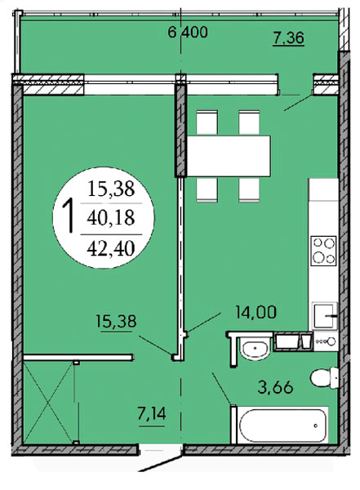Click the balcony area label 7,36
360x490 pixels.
[288, 38]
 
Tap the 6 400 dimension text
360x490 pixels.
[188, 32]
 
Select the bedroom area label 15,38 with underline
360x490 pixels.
[116, 322]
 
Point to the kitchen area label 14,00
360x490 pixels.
[256, 312]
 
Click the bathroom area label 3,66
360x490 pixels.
[275, 387]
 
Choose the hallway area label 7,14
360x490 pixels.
[152, 414]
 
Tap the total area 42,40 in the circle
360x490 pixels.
[111, 249]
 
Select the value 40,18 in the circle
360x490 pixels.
[111, 218]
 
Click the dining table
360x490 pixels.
[229, 156]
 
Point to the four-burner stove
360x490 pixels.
[324, 251]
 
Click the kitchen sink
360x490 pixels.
[324, 315]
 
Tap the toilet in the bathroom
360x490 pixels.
[324, 377]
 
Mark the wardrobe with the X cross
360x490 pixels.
[48, 402]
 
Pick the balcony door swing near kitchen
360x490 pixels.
[297, 102]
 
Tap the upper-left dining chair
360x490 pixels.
[207, 122]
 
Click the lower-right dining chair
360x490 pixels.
[249, 189]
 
